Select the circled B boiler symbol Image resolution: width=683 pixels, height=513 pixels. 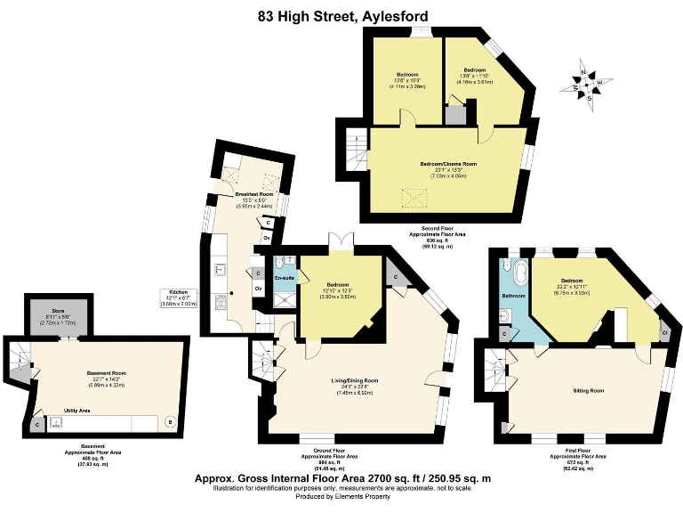coord(171,421)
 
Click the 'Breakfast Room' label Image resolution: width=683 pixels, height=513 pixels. coord(253,193)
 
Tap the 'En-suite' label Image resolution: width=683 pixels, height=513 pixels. coord(285,278)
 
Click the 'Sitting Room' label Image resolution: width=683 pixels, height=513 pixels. coord(588,390)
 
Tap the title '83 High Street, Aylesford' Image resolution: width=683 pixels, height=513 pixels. coord(342,16)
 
